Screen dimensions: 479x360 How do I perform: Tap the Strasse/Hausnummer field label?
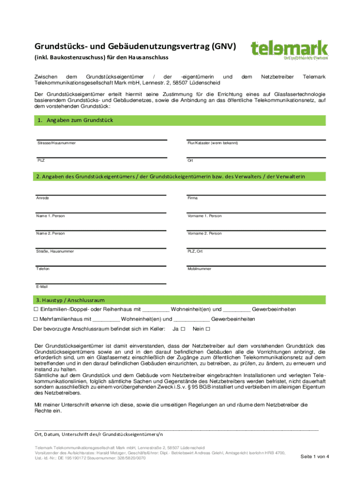pos(57,143)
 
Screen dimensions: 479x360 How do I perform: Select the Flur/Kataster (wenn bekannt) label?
pos(213,143)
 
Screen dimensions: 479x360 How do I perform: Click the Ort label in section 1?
pos(190,160)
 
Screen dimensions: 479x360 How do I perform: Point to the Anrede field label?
pos(43,198)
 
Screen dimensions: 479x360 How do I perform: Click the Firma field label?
pos(193,198)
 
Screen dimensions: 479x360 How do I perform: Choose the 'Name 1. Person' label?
pos(50,216)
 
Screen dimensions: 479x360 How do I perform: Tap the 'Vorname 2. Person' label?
pos(205,233)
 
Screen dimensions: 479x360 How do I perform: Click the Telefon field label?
pos(43,269)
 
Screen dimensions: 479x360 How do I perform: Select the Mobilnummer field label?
pos(199,269)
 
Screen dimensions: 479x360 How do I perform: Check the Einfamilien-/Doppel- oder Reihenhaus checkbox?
pos(36,310)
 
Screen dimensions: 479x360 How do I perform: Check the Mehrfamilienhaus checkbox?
pos(36,319)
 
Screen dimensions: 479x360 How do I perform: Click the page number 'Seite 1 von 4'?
pos(315,456)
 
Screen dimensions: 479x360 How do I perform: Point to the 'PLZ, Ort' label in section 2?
pos(195,251)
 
